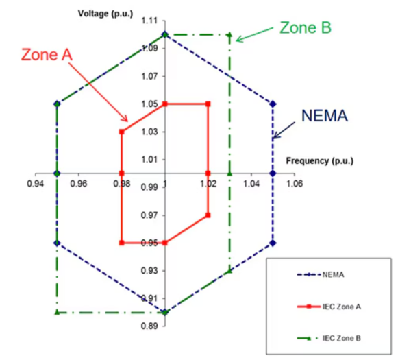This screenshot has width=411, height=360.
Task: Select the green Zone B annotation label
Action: click(x=306, y=27)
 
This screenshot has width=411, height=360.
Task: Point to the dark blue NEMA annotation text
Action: click(x=323, y=116)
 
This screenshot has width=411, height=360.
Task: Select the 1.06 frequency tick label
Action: click(x=295, y=184)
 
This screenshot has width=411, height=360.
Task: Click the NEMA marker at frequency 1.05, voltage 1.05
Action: click(x=273, y=104)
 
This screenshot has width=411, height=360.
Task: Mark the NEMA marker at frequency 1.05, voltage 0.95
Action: click(x=273, y=243)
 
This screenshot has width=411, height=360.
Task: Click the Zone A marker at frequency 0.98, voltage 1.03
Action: click(x=121, y=132)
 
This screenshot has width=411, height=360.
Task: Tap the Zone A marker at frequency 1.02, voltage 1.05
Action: click(x=208, y=104)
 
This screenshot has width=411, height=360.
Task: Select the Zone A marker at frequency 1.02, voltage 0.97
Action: click(x=208, y=215)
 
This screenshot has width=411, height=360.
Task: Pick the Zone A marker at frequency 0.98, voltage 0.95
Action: click(x=121, y=243)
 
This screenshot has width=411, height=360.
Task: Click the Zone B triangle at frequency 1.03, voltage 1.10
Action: click(x=229, y=35)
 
